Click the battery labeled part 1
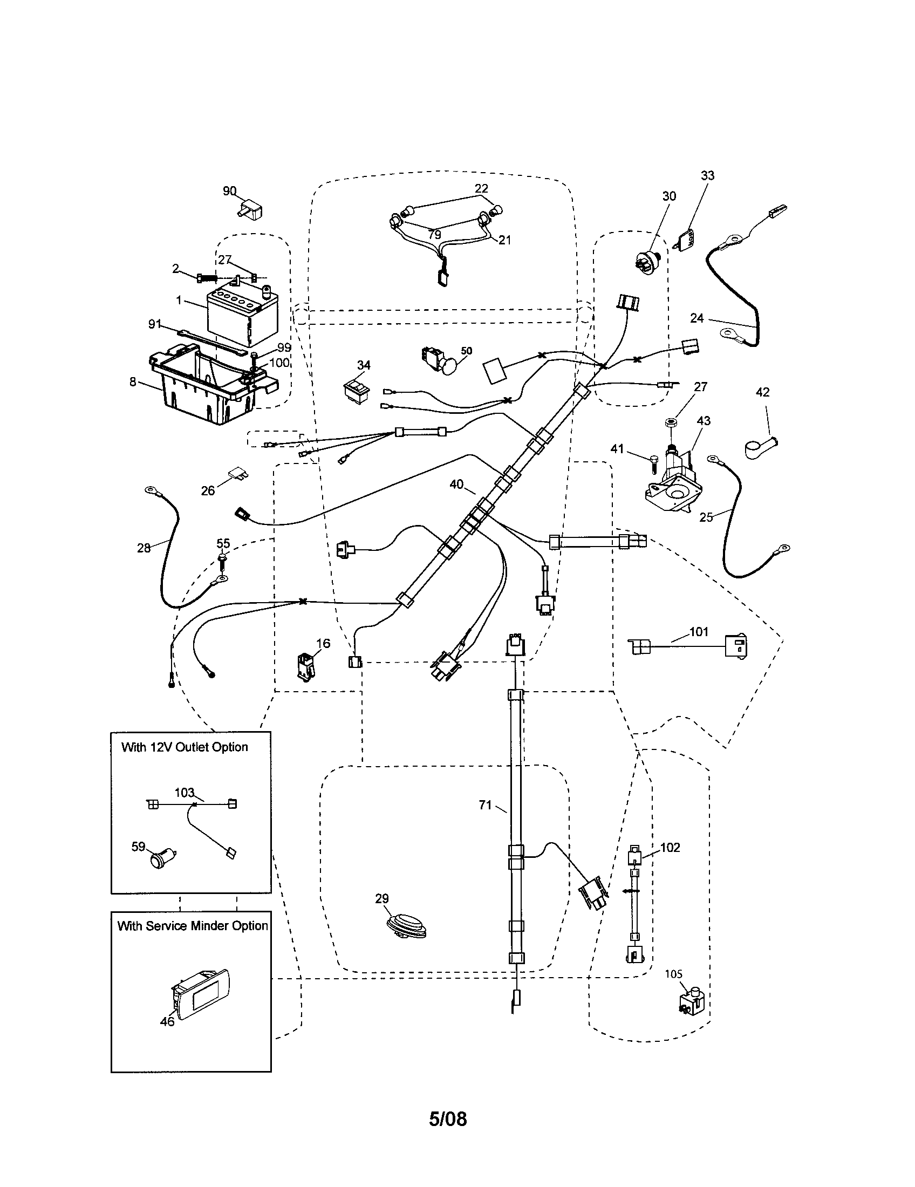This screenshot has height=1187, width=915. (x=242, y=317)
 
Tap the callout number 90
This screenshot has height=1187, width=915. (x=229, y=191)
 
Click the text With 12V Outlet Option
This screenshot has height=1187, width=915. (x=185, y=747)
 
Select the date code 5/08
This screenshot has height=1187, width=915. (x=448, y=1119)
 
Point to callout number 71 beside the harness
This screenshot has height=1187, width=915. (x=485, y=805)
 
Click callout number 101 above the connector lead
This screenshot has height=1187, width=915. (x=699, y=632)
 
